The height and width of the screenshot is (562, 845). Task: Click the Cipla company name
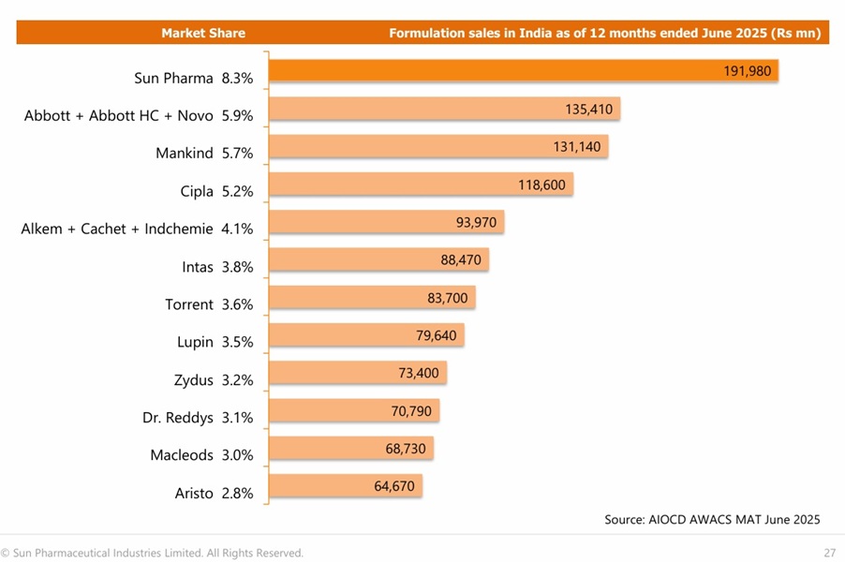[197, 191]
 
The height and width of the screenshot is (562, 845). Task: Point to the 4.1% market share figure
[237, 229]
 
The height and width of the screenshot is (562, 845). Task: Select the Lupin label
[195, 342]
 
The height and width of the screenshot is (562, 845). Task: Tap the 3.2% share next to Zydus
[237, 379]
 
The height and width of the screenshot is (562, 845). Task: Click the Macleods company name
[182, 455]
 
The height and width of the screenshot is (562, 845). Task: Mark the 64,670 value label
[393, 486]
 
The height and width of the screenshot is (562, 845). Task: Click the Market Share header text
[203, 33]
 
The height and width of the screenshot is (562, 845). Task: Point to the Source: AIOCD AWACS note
[712, 519]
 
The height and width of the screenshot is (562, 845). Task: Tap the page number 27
[830, 553]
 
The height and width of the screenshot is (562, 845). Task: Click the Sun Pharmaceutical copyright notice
[152, 553]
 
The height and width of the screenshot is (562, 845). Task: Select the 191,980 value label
[747, 71]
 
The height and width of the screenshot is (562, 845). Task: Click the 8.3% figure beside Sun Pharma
[237, 79]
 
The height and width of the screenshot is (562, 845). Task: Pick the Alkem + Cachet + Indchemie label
[117, 229]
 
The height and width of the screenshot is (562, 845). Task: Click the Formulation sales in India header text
[605, 33]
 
